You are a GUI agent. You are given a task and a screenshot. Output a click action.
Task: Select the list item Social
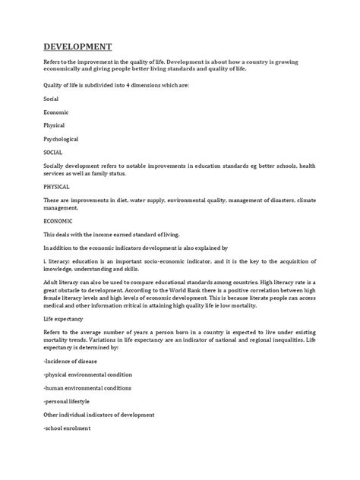[x=51, y=99]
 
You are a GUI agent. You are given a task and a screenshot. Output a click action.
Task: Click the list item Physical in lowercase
[x=53, y=125]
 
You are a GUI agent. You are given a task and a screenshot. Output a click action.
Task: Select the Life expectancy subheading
[x=65, y=321]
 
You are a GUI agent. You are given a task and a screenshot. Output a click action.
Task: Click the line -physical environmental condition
[x=88, y=374]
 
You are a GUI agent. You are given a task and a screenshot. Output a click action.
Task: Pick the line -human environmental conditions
[x=86, y=387]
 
